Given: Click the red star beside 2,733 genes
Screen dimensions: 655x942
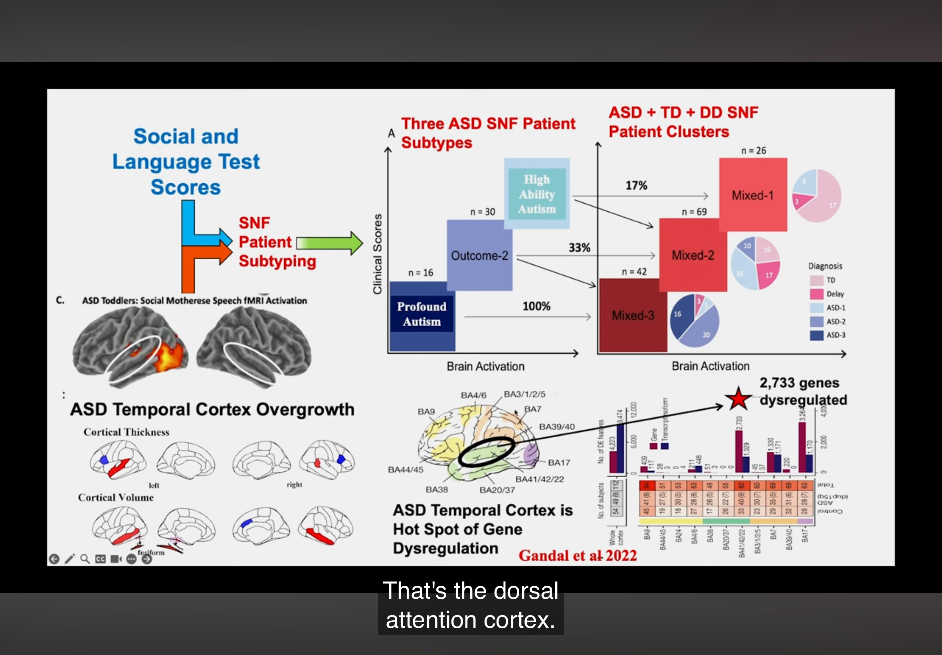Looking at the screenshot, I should [x=738, y=399].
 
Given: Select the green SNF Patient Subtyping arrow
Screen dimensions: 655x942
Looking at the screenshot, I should [x=330, y=243].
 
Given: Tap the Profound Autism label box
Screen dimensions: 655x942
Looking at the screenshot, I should [x=422, y=314].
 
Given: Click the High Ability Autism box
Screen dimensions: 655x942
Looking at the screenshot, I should [x=537, y=194].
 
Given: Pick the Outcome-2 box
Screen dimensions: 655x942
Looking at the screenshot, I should [x=479, y=255].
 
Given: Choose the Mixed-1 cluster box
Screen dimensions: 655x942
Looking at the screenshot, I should [x=752, y=195].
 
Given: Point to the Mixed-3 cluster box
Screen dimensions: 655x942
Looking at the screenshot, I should [x=633, y=315].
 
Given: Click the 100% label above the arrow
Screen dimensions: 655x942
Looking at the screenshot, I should [x=536, y=306].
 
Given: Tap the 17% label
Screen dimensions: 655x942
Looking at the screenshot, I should [x=636, y=185].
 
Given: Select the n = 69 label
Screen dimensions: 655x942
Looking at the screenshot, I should [x=694, y=212].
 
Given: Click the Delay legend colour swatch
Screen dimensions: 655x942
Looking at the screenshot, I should [x=817, y=294].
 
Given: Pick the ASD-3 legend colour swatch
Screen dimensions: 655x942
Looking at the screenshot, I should [x=817, y=335].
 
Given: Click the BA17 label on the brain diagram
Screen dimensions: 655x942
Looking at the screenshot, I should [x=559, y=462].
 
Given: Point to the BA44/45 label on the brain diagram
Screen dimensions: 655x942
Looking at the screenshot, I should [x=406, y=470].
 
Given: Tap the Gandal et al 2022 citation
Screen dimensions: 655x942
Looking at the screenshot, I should [x=578, y=556].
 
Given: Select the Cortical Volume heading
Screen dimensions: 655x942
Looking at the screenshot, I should [x=116, y=497].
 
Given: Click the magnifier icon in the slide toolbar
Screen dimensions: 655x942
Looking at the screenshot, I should [x=85, y=559].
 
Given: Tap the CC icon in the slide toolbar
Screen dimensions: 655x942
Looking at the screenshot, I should [x=101, y=559].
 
